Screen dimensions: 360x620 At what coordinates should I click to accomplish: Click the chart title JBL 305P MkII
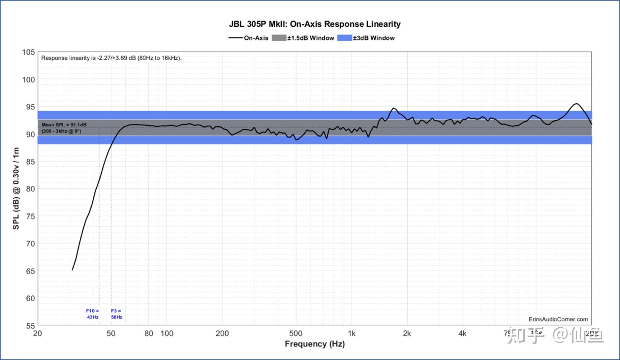(x=315, y=24)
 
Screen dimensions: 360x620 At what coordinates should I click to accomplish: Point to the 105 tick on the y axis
(x=28, y=52)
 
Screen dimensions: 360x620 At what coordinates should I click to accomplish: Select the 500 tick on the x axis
(x=296, y=334)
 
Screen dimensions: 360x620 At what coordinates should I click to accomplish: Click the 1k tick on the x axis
(x=352, y=334)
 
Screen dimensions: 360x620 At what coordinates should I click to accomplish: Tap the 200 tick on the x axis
(x=222, y=334)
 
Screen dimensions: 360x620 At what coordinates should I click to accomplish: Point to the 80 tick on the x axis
(x=149, y=334)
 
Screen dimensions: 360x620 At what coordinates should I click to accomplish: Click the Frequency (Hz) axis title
(x=315, y=344)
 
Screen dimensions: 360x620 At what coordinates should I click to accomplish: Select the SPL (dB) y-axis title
(x=16, y=188)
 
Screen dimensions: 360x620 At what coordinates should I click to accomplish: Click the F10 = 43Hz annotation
(x=93, y=314)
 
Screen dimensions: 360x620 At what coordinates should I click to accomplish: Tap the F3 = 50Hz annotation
(x=116, y=314)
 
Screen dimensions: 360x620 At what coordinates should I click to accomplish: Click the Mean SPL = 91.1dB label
(x=64, y=125)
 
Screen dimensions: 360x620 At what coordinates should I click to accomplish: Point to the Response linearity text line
(x=111, y=58)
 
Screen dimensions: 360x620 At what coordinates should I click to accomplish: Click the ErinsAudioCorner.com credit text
(x=558, y=319)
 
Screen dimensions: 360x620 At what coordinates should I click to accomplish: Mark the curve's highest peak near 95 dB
(x=576, y=104)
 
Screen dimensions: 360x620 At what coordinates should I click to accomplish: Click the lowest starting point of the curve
(x=72, y=270)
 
